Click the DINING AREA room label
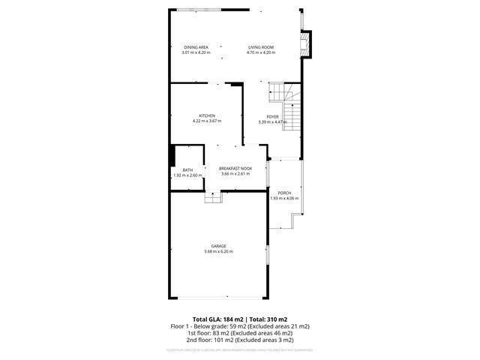pos(196,47)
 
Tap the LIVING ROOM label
pos(262,47)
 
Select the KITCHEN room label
pos(207,115)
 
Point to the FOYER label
pos(272,116)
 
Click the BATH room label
pos(187,170)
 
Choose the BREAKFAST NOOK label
pos(235,169)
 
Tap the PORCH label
pos(284,193)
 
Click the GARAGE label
pos(218,246)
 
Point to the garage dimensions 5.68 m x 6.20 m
pos(218,251)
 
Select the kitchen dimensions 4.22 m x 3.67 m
pos(207,121)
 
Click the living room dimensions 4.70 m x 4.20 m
pos(262,52)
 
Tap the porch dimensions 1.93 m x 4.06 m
pos(284,198)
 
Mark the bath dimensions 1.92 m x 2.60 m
pos(187,175)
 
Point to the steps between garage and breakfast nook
pos(214,196)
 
